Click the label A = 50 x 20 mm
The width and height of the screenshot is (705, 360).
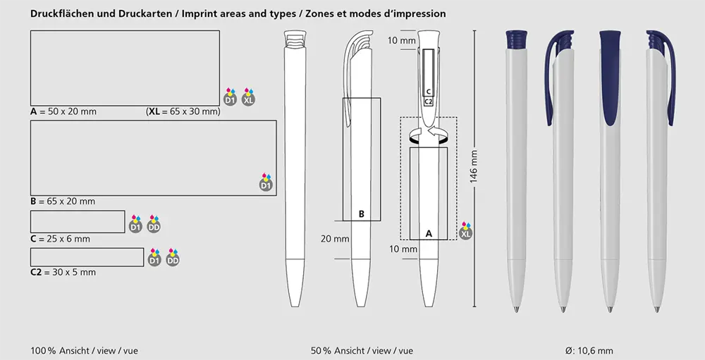point(63,111)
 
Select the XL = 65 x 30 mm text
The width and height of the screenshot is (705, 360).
point(183,111)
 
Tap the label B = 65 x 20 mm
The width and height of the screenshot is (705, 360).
point(63,201)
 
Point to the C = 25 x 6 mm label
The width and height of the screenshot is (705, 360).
point(60,239)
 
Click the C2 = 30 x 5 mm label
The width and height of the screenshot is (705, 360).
point(63,272)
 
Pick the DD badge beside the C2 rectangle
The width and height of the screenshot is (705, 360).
point(173,258)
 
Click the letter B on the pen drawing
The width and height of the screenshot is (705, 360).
point(362,214)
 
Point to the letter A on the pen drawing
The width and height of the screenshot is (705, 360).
point(429,234)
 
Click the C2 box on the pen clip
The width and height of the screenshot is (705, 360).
point(429,102)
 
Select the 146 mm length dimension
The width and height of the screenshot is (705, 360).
point(474,167)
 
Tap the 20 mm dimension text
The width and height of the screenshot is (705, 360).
point(335,239)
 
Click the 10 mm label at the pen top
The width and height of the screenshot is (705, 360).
point(402,41)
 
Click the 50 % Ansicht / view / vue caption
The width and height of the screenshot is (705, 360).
point(362,351)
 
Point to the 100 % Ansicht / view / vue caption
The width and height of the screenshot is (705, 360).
point(84,351)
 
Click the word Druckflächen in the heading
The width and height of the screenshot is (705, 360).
point(63,14)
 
